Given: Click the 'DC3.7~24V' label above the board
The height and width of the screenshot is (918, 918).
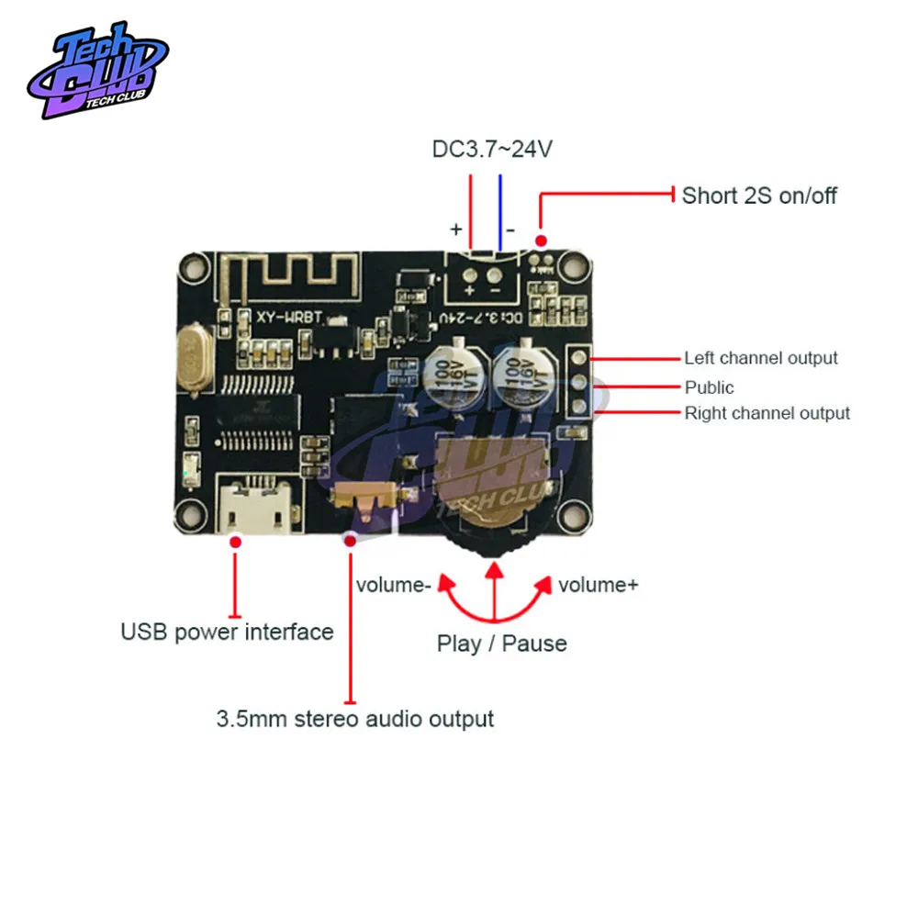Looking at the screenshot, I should coord(492,149).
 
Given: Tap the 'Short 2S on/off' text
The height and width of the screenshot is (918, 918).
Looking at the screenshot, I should coord(759,196).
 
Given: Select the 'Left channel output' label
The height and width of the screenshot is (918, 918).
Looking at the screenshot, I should coord(761,358).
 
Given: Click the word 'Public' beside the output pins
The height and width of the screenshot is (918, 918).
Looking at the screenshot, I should coord(710,387).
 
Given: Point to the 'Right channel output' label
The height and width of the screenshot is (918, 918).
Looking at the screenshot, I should coord(767,413).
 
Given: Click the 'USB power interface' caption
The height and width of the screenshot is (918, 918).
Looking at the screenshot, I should coord(227,632).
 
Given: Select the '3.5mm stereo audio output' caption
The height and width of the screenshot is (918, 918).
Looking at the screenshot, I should coord(355,718).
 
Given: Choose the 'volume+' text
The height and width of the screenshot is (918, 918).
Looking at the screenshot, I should coord(598,585).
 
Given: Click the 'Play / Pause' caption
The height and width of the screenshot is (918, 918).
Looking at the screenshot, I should coord(501,644).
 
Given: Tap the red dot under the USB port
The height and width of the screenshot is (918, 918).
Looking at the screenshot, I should coord(236,543).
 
